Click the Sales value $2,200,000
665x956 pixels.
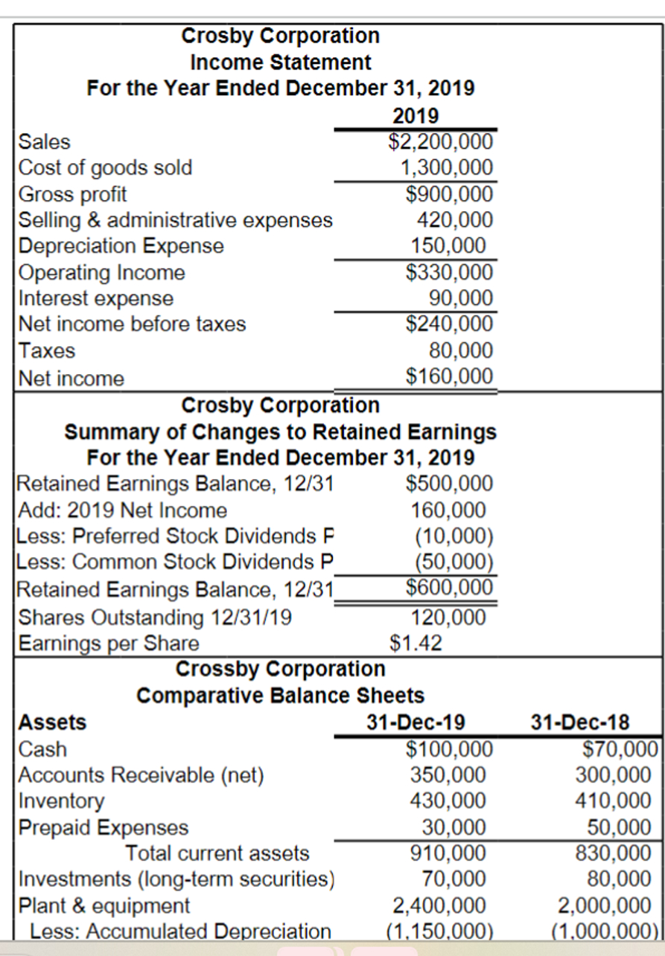point(440,141)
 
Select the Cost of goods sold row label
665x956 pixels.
point(105,167)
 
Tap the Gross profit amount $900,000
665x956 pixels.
point(449,194)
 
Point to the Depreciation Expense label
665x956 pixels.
point(121,246)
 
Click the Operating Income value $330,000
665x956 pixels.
point(449,272)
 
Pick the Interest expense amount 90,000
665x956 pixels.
point(461,298)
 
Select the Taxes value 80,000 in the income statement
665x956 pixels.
point(461,350)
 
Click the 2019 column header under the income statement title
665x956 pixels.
point(415,116)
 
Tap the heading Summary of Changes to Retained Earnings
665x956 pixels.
point(280,432)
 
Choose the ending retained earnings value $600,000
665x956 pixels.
point(449,588)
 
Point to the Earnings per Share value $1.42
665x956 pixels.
point(416,642)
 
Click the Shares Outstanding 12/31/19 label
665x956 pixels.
point(155,617)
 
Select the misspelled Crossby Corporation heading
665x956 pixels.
point(280,669)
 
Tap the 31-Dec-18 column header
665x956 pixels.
point(580,722)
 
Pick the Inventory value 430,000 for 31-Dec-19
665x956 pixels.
point(448,801)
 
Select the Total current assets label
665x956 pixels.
point(217,853)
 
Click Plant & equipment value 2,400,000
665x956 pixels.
point(439,905)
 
